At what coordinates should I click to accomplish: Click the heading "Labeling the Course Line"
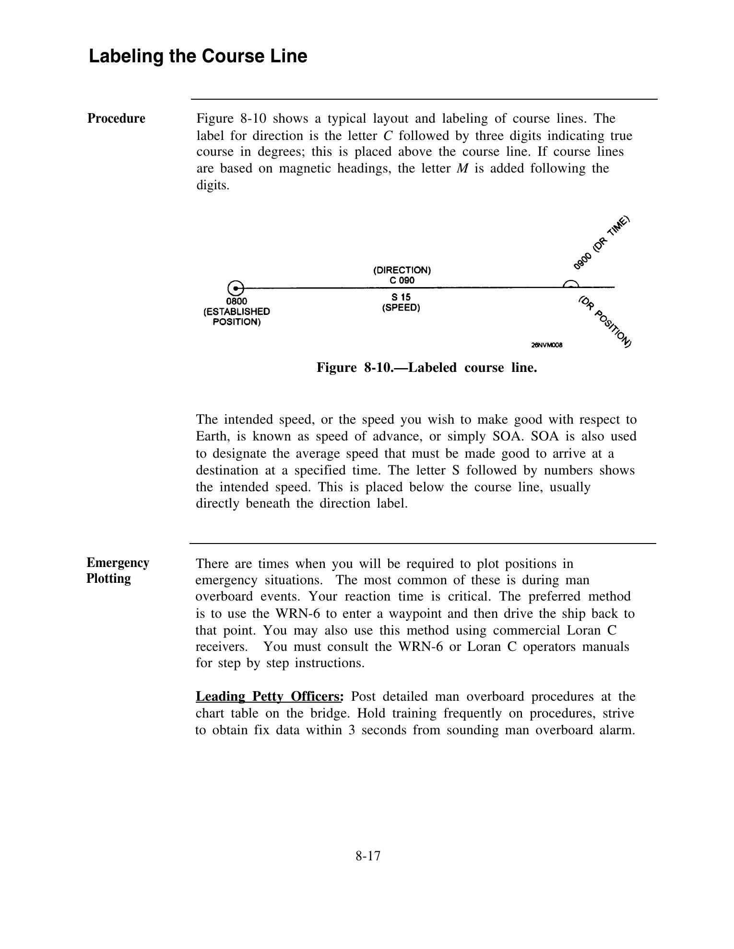198,56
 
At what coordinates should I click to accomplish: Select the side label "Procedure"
116,118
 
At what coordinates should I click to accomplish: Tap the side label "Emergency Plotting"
118,570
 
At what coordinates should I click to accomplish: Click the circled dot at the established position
236,289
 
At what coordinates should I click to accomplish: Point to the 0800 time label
237,301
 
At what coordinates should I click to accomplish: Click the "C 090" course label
402,280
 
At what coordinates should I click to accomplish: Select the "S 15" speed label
401,297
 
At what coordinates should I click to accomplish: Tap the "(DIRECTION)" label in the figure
402,270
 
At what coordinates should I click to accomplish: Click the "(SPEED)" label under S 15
401,308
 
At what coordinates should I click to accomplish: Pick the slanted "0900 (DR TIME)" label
601,243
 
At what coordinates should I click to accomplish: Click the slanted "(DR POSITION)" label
604,321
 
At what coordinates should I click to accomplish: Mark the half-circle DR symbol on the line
570,284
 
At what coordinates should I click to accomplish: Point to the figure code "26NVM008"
547,345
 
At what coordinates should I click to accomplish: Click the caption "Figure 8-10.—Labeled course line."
426,368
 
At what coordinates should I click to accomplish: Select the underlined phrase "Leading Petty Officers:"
270,696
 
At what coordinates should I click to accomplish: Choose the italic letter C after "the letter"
388,136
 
